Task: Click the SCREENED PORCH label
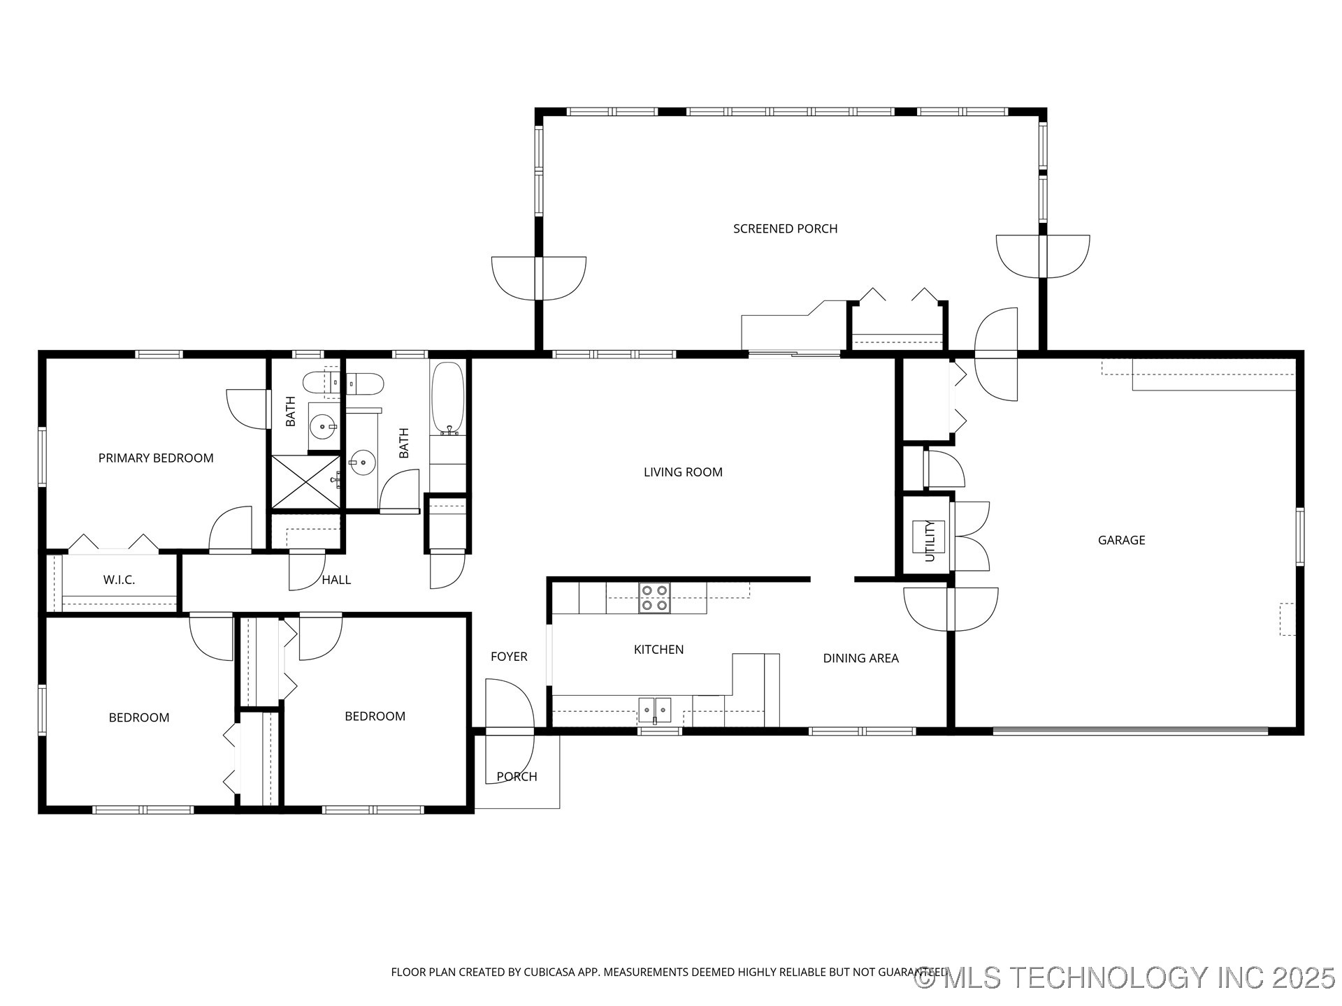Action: [785, 228]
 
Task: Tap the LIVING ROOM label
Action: [682, 472]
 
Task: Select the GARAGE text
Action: [1121, 540]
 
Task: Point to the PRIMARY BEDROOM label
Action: [156, 458]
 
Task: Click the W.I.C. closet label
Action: [119, 580]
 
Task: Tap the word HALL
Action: [336, 580]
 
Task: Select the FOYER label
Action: [508, 657]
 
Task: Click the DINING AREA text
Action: [860, 658]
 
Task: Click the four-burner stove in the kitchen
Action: [654, 598]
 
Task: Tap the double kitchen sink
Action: [654, 710]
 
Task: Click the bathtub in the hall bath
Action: [447, 398]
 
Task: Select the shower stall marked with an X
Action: [305, 481]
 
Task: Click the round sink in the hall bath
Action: [362, 462]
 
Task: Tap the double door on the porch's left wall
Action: [538, 278]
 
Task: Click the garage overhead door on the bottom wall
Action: [1130, 731]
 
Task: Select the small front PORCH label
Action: [517, 777]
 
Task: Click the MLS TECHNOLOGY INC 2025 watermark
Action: [1125, 977]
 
